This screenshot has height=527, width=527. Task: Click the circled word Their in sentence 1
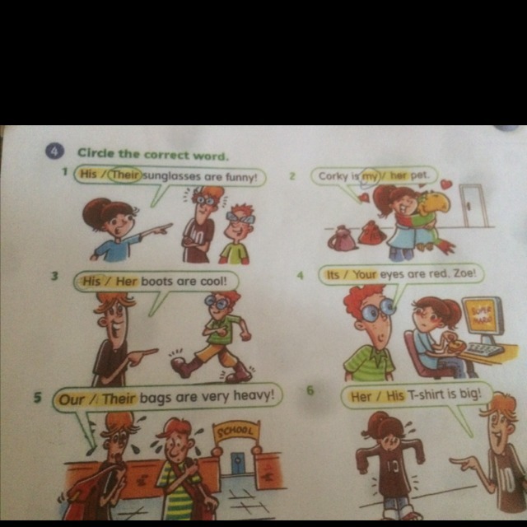(125, 175)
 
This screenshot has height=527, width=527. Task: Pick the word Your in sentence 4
(365, 274)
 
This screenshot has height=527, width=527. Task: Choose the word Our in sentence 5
(72, 400)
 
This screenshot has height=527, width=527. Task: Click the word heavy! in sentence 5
(254, 396)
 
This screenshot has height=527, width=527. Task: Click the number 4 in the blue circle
(54, 152)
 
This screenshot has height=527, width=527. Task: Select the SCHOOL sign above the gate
(236, 431)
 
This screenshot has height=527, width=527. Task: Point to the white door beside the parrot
(474, 205)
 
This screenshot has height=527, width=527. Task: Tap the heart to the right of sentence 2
(446, 184)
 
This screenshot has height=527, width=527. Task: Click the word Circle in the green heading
(96, 153)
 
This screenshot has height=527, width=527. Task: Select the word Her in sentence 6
(361, 397)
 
